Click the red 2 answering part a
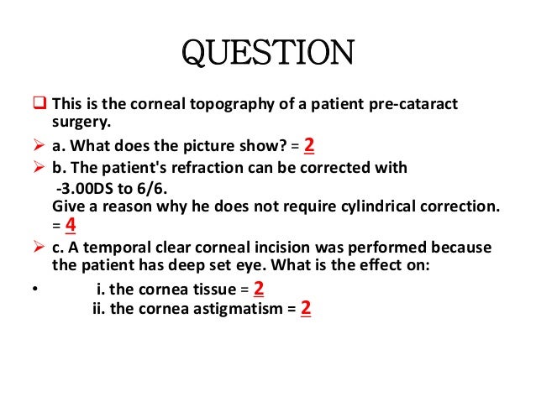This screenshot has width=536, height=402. tap(309, 145)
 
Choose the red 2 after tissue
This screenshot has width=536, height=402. tap(259, 290)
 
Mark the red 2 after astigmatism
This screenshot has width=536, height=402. tap(306, 309)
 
